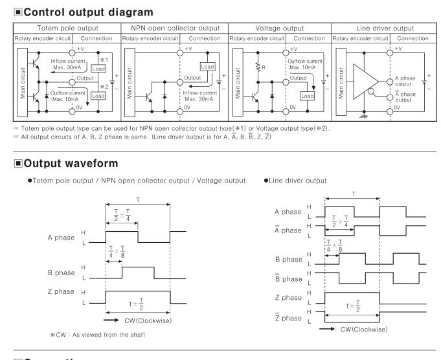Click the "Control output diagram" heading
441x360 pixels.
[88, 12]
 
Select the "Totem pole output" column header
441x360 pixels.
[68, 28]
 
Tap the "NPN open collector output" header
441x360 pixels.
[175, 28]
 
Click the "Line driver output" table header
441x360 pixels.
[385, 28]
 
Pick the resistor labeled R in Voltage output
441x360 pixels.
[258, 67]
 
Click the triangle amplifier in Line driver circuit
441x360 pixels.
[366, 82]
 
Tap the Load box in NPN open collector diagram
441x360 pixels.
[208, 67]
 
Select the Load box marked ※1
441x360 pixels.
[98, 69]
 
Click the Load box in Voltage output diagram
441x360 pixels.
[307, 96]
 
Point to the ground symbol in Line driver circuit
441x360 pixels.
[364, 116]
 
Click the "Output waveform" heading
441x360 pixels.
[71, 163]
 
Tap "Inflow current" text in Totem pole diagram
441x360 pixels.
[68, 61]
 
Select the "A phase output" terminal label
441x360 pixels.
[405, 81]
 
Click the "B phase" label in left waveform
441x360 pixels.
[62, 273]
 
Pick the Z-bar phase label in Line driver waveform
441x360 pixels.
[288, 317]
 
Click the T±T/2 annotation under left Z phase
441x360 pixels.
[136, 304]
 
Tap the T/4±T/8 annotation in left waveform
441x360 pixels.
[117, 252]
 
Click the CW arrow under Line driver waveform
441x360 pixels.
[327, 329]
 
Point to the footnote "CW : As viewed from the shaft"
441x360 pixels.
[98, 335]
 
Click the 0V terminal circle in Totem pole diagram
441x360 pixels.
[73, 111]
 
